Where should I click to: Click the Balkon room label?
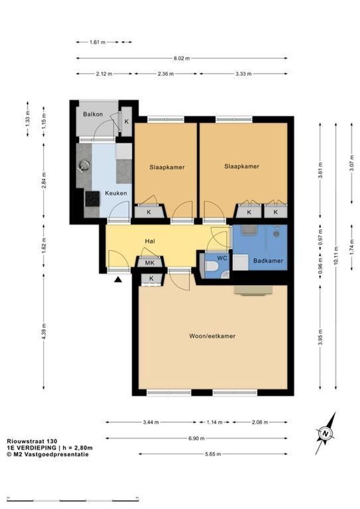[x=93, y=114]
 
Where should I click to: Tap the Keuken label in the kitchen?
[x=116, y=193]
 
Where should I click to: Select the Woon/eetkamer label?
[x=213, y=336]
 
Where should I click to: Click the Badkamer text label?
[x=268, y=260]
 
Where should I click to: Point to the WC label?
[x=222, y=258]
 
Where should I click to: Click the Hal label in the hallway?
[x=150, y=241]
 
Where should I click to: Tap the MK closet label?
[x=150, y=263]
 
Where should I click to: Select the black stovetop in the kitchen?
[x=92, y=199]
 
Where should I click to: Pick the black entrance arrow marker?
[x=118, y=279]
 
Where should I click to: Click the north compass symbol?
[x=326, y=434]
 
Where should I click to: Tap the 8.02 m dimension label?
[x=182, y=58]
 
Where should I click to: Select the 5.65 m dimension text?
[x=213, y=454]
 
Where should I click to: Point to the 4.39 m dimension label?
[x=44, y=331]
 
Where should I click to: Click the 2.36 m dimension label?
[x=165, y=74]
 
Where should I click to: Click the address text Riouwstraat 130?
[x=32, y=441]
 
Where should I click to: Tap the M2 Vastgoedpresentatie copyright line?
[x=48, y=454]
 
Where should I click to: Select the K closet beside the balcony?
[x=127, y=122]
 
